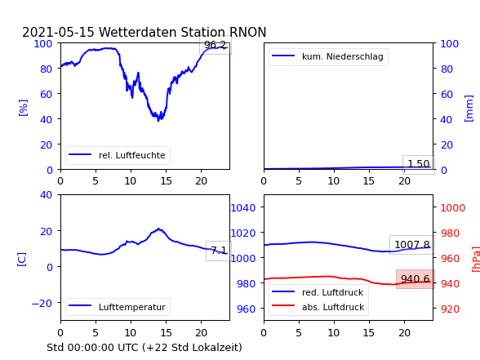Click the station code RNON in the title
tap(247, 32)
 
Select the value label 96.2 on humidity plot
tap(216, 45)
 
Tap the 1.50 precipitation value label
tap(419, 164)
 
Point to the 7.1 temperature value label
tap(219, 251)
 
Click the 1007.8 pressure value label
tap(412, 245)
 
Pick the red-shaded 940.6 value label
tap(415, 279)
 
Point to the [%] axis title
tap(23, 108)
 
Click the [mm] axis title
tap(469, 109)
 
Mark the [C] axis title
tap(22, 260)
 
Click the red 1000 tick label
tap(453, 208)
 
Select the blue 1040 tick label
tap(243, 208)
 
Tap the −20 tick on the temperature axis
tap(42, 303)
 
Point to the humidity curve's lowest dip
tap(158, 121)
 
